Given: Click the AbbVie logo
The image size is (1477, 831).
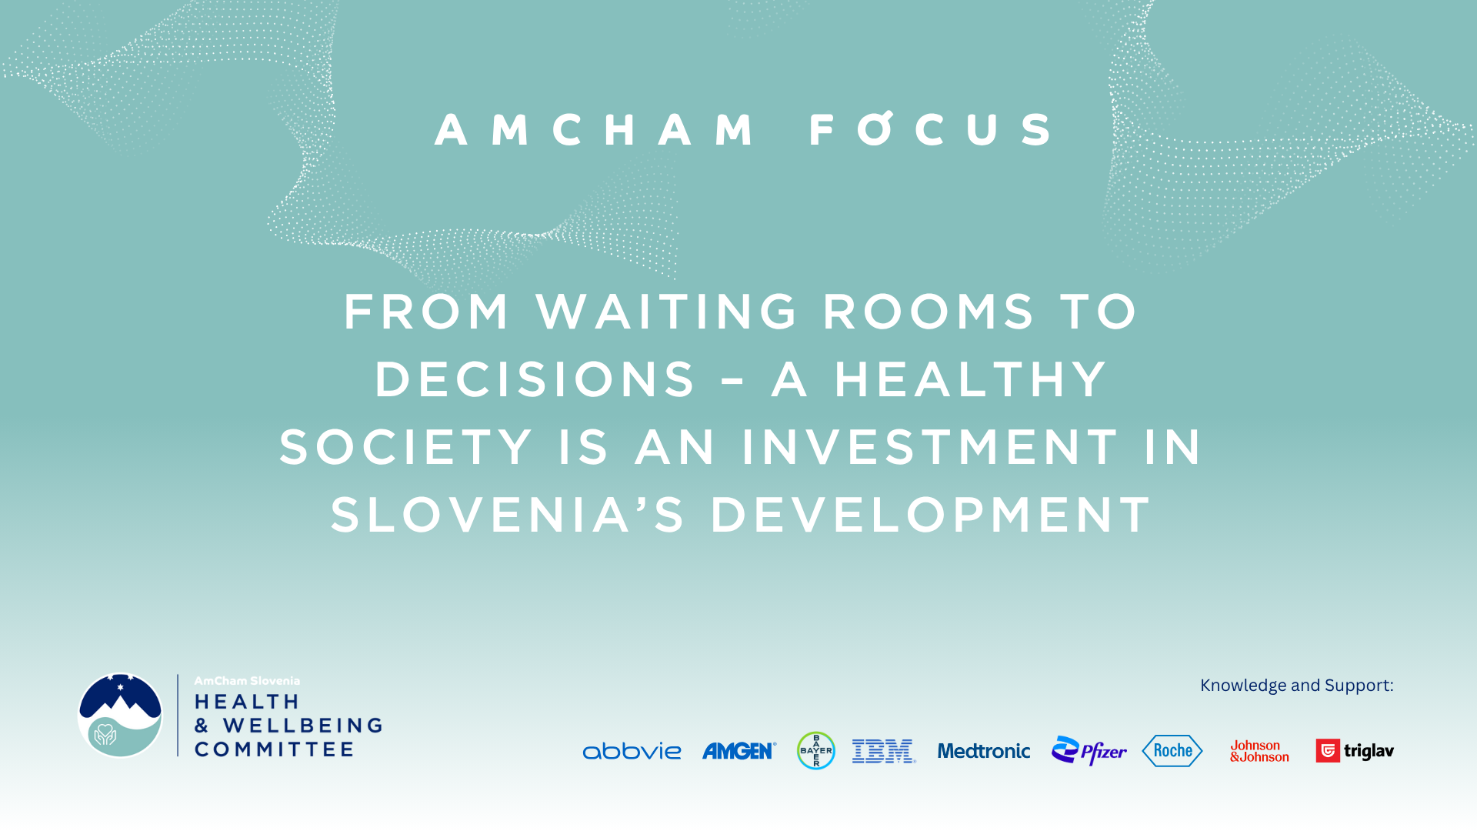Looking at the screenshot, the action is click(x=632, y=751).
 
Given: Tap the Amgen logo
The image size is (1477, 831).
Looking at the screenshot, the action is click(x=739, y=751).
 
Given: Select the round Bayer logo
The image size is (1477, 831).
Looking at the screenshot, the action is click(x=816, y=750).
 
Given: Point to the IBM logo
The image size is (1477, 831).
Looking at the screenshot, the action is click(x=884, y=751).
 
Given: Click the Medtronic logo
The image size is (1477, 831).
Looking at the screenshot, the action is click(x=984, y=751).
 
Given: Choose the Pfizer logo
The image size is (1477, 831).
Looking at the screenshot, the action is click(x=1089, y=750).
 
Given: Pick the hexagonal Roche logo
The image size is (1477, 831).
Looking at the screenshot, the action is click(x=1172, y=750).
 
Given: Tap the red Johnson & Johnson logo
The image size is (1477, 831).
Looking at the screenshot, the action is click(x=1259, y=751).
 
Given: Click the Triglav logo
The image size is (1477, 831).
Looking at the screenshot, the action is click(x=1355, y=750).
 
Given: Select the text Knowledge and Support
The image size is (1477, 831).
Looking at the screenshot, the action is click(x=1297, y=685).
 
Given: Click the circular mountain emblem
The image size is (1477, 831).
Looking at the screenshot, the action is click(x=120, y=716).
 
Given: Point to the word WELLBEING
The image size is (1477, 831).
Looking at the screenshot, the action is click(x=303, y=726).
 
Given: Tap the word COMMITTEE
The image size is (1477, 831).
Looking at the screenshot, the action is click(x=274, y=749).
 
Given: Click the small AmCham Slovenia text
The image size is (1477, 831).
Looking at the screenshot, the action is click(x=247, y=681).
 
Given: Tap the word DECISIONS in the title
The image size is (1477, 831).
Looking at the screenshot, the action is click(x=535, y=379).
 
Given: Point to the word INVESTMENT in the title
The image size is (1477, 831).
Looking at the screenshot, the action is click(x=930, y=447).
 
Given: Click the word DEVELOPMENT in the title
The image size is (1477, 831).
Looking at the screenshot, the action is click(x=931, y=515).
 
